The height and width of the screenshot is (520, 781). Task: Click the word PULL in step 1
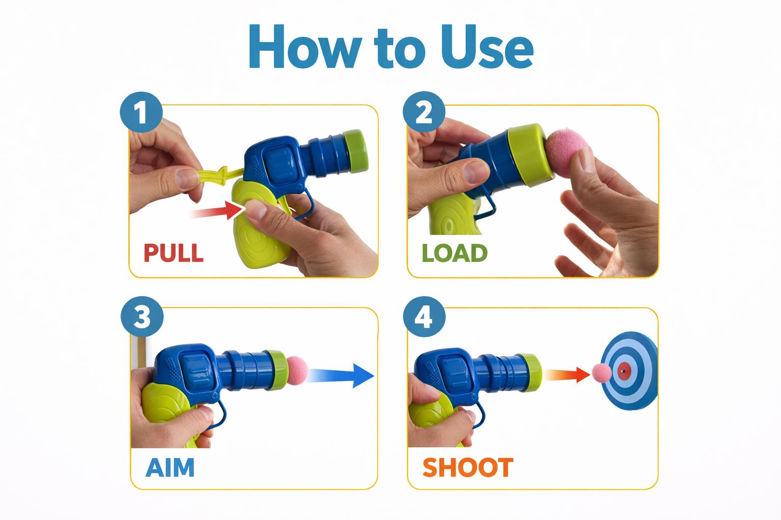pos(173,253)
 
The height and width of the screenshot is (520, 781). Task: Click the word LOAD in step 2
pos(454,253)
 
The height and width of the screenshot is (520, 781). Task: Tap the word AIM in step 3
pos(170,467)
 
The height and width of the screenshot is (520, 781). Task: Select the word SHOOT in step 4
pos(468,467)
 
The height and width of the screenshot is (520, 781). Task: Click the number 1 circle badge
pos(141,112)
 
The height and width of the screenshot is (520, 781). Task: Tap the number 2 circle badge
pos(424,112)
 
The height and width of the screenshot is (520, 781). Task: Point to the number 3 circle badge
pos(142,316)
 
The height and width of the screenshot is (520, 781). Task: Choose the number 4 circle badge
pos(424,316)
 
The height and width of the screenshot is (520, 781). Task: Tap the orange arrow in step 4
pos(566,375)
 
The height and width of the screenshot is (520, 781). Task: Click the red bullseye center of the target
pos(624,371)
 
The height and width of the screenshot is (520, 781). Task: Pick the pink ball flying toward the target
pos(602,373)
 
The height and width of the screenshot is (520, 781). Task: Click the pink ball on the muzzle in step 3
pos(297,371)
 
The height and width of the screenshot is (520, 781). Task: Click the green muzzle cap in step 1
pos(355,151)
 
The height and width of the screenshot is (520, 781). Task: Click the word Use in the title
pos(487,46)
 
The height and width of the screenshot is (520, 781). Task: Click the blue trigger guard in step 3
pos(220,416)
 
